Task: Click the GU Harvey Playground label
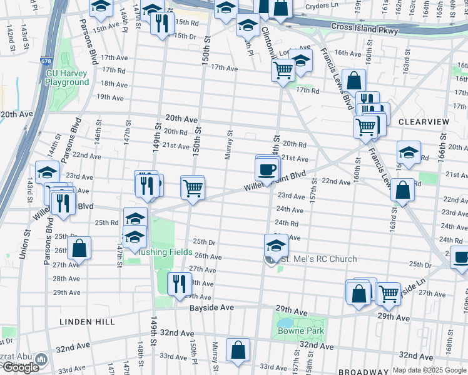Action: coord(68,77)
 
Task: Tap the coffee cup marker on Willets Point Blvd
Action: coord(267,169)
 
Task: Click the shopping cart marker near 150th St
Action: coord(193,187)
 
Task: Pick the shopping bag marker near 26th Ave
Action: coord(79,248)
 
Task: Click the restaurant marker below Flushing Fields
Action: coord(180,284)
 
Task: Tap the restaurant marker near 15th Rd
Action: coord(162,24)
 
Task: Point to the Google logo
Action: coord(20,367)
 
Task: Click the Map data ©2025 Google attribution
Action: coord(429,370)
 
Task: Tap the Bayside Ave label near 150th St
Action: coord(212,308)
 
